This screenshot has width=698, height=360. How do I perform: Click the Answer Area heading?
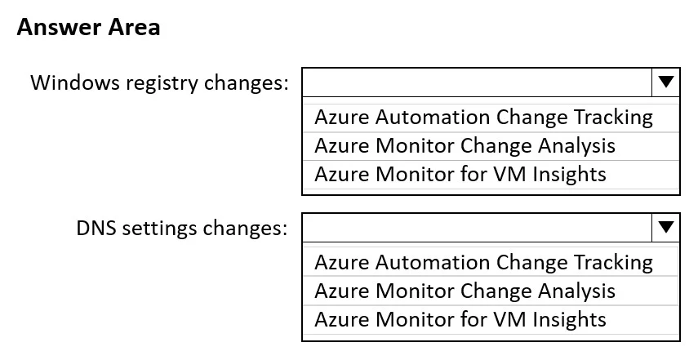[89, 27]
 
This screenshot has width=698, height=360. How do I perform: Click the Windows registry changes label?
[159, 82]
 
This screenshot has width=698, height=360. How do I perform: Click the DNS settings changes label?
[182, 229]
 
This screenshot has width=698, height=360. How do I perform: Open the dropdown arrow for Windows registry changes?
[665, 82]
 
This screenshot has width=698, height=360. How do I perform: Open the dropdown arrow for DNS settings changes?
[665, 228]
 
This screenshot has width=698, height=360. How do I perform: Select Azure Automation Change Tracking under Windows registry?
[483, 118]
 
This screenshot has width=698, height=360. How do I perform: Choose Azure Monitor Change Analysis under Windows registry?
[465, 146]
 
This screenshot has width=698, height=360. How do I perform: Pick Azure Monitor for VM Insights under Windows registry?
[460, 174]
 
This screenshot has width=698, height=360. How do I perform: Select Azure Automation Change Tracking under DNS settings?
[483, 263]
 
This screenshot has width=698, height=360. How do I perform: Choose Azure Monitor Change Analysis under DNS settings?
[465, 291]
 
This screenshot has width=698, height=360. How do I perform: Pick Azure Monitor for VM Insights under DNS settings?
[460, 319]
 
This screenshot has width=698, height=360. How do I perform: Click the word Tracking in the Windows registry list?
[613, 118]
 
